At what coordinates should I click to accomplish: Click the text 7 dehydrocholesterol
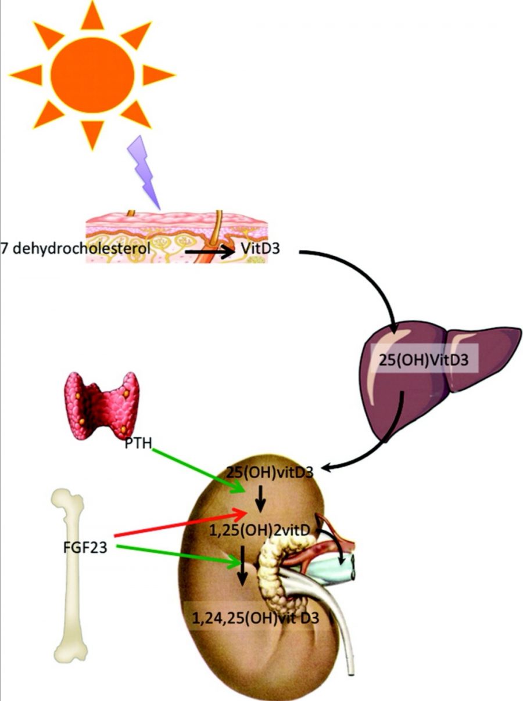(x=76, y=250)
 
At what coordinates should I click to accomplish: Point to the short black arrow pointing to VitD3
(x=209, y=252)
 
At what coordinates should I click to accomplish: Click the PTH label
(x=138, y=445)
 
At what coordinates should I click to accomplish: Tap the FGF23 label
(x=87, y=547)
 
